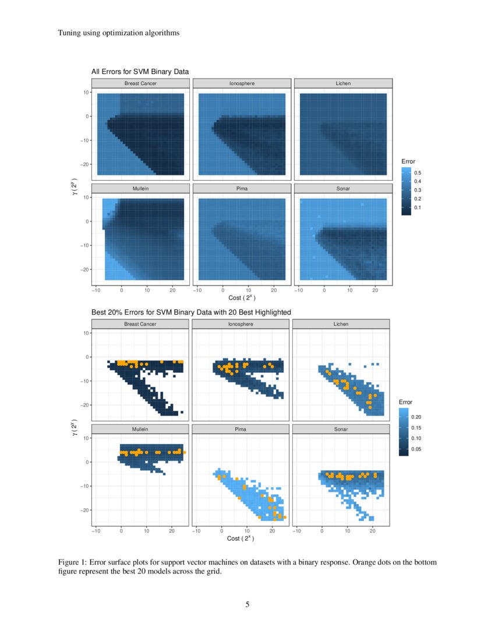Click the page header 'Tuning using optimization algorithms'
(x=118, y=33)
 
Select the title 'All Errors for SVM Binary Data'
(x=140, y=72)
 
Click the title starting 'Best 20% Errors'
(x=191, y=312)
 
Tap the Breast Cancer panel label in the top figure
(x=140, y=83)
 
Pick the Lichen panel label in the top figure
(x=342, y=83)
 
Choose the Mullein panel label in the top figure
(x=140, y=188)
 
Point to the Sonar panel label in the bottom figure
(x=341, y=429)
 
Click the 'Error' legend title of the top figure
(x=408, y=161)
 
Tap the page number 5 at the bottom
(x=248, y=604)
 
